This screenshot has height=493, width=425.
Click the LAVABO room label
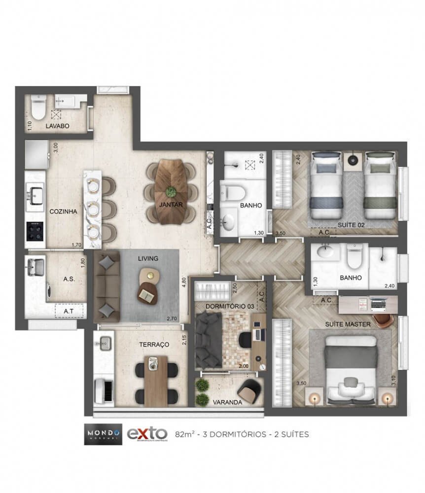(x=58, y=126)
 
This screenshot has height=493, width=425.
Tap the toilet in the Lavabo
(x=38, y=105)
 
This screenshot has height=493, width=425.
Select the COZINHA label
(x=63, y=211)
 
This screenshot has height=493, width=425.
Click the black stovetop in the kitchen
(x=35, y=231)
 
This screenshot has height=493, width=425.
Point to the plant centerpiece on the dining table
(x=171, y=191)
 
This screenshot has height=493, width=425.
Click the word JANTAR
(x=171, y=204)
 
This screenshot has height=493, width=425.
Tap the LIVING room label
(x=148, y=258)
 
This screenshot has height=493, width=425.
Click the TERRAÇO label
(x=154, y=344)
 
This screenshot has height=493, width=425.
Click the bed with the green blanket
(x=380, y=185)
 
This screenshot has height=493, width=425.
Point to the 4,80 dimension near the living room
(x=183, y=283)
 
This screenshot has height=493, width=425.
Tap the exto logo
(x=146, y=434)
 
